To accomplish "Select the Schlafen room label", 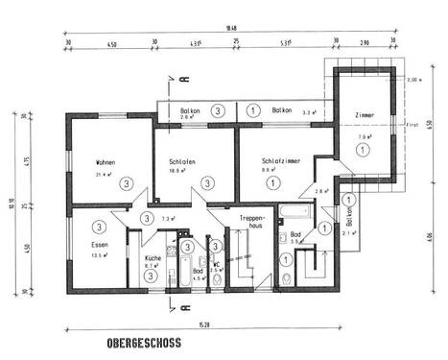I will pos(183,161).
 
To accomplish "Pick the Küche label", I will pos(153,259).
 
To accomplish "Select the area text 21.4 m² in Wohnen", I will pos(106,176).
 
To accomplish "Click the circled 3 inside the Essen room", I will pos(99,227).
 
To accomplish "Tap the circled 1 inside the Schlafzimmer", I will pos(272,182).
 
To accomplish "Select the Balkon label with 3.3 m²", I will pos(282,111).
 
